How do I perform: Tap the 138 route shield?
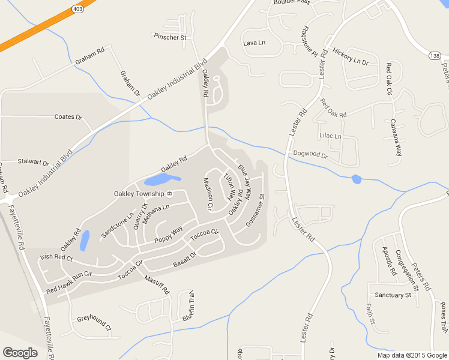[x=435, y=55]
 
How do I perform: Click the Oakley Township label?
[x=139, y=194]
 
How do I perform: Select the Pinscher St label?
[x=170, y=37]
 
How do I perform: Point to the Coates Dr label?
[x=68, y=117]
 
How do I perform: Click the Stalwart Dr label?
[x=33, y=162]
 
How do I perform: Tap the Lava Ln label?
[x=254, y=43]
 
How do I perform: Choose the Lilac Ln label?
[x=330, y=136]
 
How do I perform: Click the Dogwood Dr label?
[x=310, y=154]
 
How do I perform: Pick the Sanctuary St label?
[x=393, y=295]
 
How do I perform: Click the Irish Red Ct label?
[x=55, y=258]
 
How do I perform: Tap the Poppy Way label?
[x=168, y=235]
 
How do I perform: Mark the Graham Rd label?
[x=89, y=52]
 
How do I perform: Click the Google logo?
[x=20, y=353]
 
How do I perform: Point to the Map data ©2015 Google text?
[x=412, y=355]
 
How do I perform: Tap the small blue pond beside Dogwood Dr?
[x=357, y=179]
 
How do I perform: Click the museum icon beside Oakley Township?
[x=170, y=194]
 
